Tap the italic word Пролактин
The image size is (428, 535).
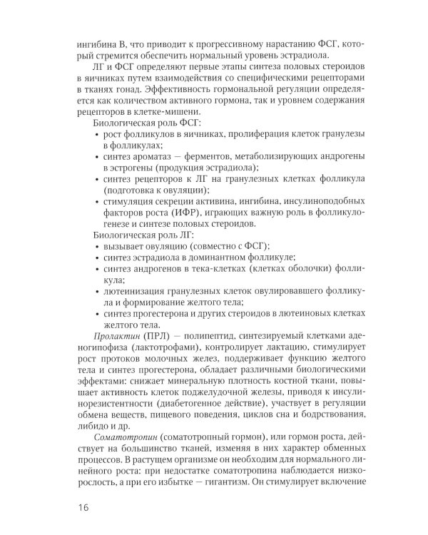115,335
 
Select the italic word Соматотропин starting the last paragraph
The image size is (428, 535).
120,435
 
